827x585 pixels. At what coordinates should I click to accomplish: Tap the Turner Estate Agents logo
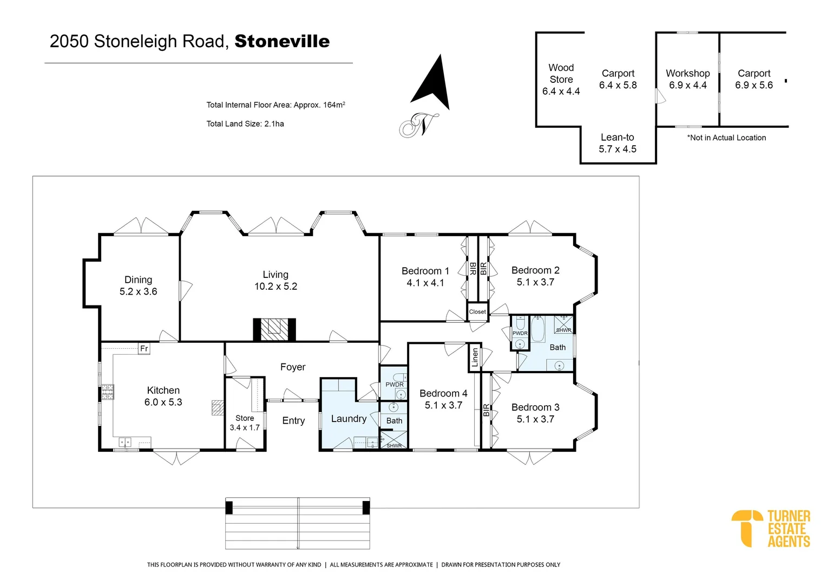click(x=771, y=528)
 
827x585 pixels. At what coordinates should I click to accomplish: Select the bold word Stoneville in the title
click(x=282, y=41)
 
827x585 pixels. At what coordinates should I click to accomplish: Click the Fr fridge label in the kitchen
click(x=144, y=348)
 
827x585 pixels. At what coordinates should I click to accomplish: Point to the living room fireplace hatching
click(x=274, y=329)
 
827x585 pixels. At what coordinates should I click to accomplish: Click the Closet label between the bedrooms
click(x=477, y=311)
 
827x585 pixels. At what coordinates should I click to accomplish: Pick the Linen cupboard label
click(x=475, y=357)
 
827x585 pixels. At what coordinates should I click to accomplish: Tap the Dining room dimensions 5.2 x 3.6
click(x=139, y=291)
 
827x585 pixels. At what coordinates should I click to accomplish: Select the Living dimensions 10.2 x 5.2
click(x=275, y=287)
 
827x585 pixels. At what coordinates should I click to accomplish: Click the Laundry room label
click(x=349, y=419)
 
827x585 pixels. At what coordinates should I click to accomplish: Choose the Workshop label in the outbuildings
click(x=687, y=73)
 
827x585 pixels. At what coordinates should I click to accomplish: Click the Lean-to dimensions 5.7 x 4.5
click(x=617, y=149)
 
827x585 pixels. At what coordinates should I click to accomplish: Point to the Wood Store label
click(x=561, y=73)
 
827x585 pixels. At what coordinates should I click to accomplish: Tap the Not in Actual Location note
click(x=726, y=138)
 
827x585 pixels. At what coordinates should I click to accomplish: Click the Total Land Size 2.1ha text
click(x=245, y=123)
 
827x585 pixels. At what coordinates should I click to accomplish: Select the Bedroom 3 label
click(x=535, y=407)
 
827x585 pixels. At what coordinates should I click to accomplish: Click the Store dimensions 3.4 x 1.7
click(x=245, y=427)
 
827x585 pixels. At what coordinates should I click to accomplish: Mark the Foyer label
click(x=293, y=367)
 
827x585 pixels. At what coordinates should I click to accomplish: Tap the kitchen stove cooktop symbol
click(x=107, y=392)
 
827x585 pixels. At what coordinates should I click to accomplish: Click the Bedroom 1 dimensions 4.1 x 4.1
click(x=425, y=283)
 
